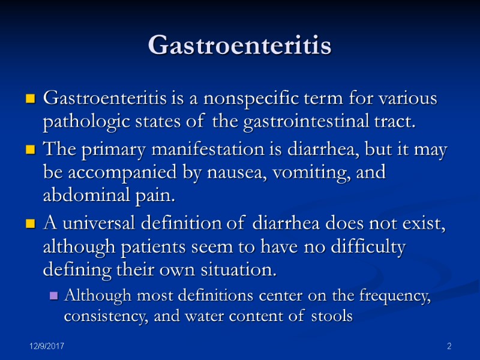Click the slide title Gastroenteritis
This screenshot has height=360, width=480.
click(239, 46)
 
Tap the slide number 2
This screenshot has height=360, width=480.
click(448, 347)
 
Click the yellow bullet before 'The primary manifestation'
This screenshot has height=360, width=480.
click(29, 151)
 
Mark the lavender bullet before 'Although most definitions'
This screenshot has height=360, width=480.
click(54, 296)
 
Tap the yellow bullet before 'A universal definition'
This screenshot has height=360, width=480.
click(29, 226)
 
